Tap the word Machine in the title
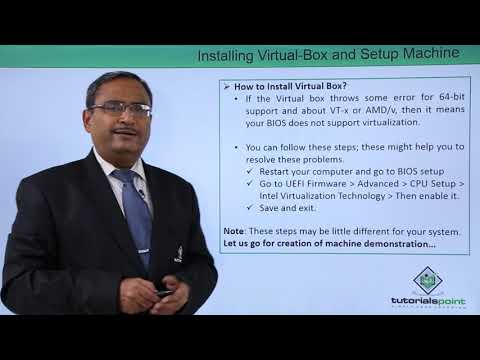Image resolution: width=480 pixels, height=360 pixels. tap(430, 53)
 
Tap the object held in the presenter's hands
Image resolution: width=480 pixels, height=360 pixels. tap(163, 291)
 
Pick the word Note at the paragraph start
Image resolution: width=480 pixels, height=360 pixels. tap(234, 231)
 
